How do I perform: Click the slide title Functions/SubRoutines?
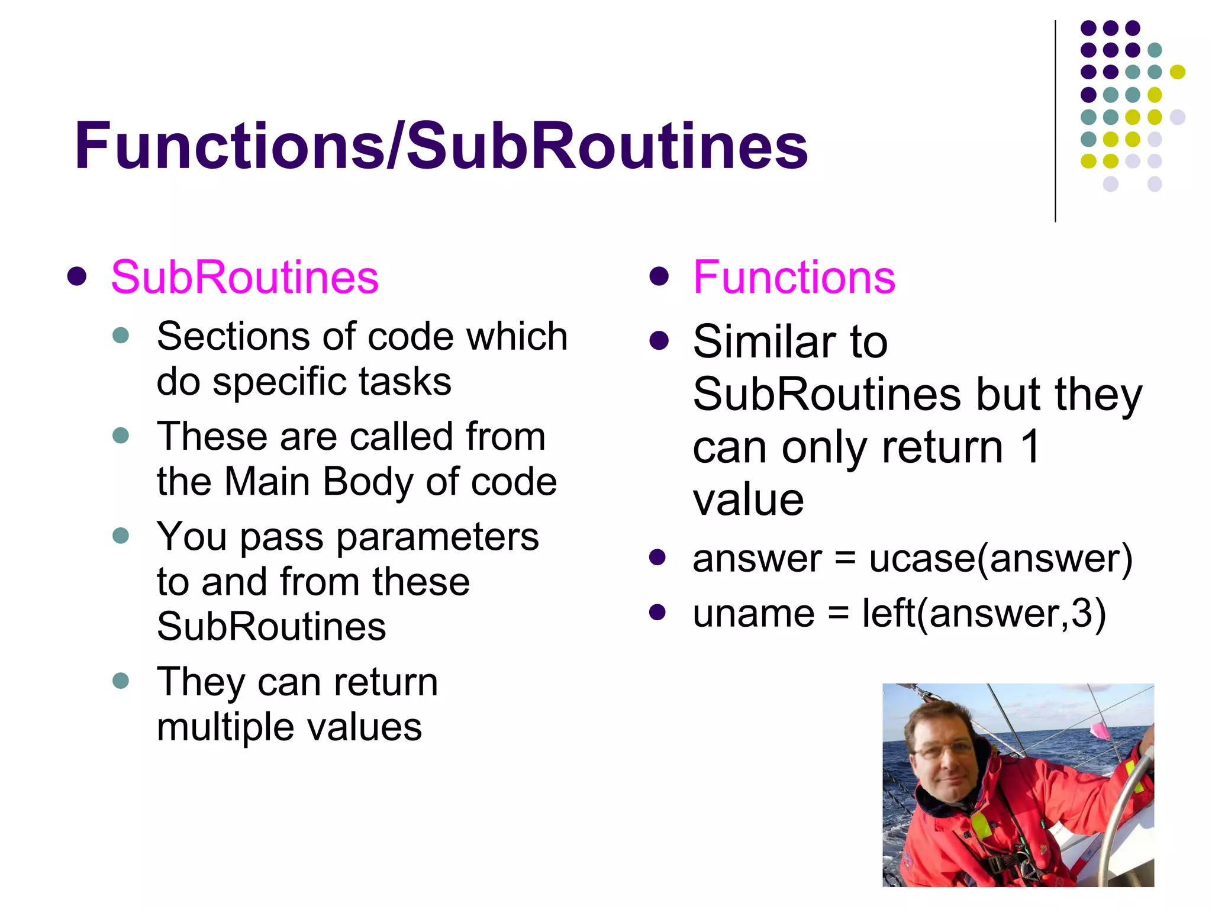click(441, 146)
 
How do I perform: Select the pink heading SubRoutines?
click(244, 277)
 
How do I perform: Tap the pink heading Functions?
click(794, 277)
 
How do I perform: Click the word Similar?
click(763, 341)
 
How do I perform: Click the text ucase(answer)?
click(1000, 558)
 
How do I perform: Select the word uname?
click(753, 613)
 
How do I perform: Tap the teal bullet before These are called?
click(121, 436)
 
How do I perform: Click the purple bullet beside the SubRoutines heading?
click(77, 276)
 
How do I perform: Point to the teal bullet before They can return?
click(121, 681)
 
